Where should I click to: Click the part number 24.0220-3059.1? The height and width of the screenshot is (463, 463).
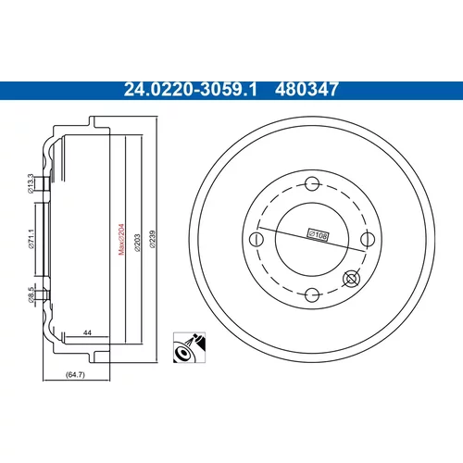click(191, 90)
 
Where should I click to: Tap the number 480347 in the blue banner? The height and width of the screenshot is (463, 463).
click(307, 90)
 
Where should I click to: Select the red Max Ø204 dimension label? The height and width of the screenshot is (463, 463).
click(121, 239)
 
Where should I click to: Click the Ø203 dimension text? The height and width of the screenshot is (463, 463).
click(137, 243)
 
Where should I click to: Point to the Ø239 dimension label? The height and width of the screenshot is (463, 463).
click(153, 239)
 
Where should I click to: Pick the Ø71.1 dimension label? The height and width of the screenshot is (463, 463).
click(31, 239)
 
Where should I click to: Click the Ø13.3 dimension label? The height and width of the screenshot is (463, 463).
click(31, 183)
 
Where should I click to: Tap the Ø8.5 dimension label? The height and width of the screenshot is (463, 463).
click(31, 294)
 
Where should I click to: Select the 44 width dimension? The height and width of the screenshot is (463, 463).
click(87, 332)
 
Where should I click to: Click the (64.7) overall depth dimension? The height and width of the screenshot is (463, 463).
click(75, 374)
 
